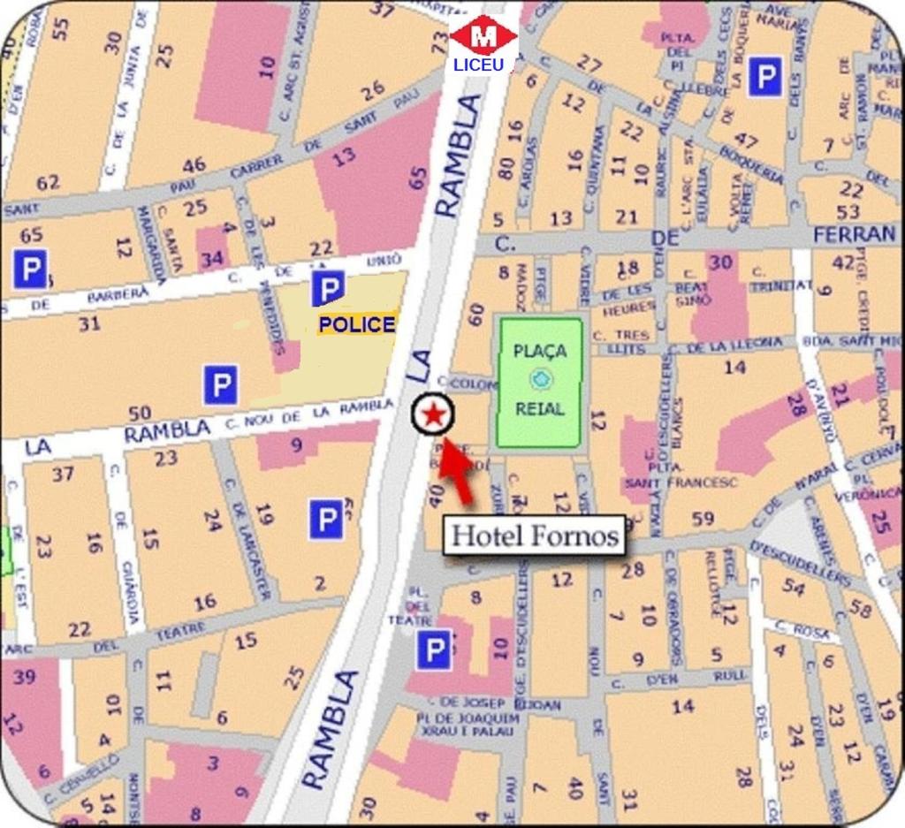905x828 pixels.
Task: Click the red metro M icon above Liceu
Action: (x=483, y=36)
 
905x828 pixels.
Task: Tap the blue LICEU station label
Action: (x=478, y=65)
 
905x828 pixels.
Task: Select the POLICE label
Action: (x=357, y=324)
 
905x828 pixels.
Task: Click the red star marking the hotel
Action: (x=433, y=414)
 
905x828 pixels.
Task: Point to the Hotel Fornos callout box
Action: (x=534, y=536)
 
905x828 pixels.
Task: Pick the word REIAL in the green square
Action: (x=540, y=409)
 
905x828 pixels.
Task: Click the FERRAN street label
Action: (x=854, y=234)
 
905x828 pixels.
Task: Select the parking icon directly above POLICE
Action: (x=328, y=288)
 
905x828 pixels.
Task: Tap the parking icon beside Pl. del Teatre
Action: (x=433, y=651)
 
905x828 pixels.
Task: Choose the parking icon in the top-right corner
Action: (x=764, y=78)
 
